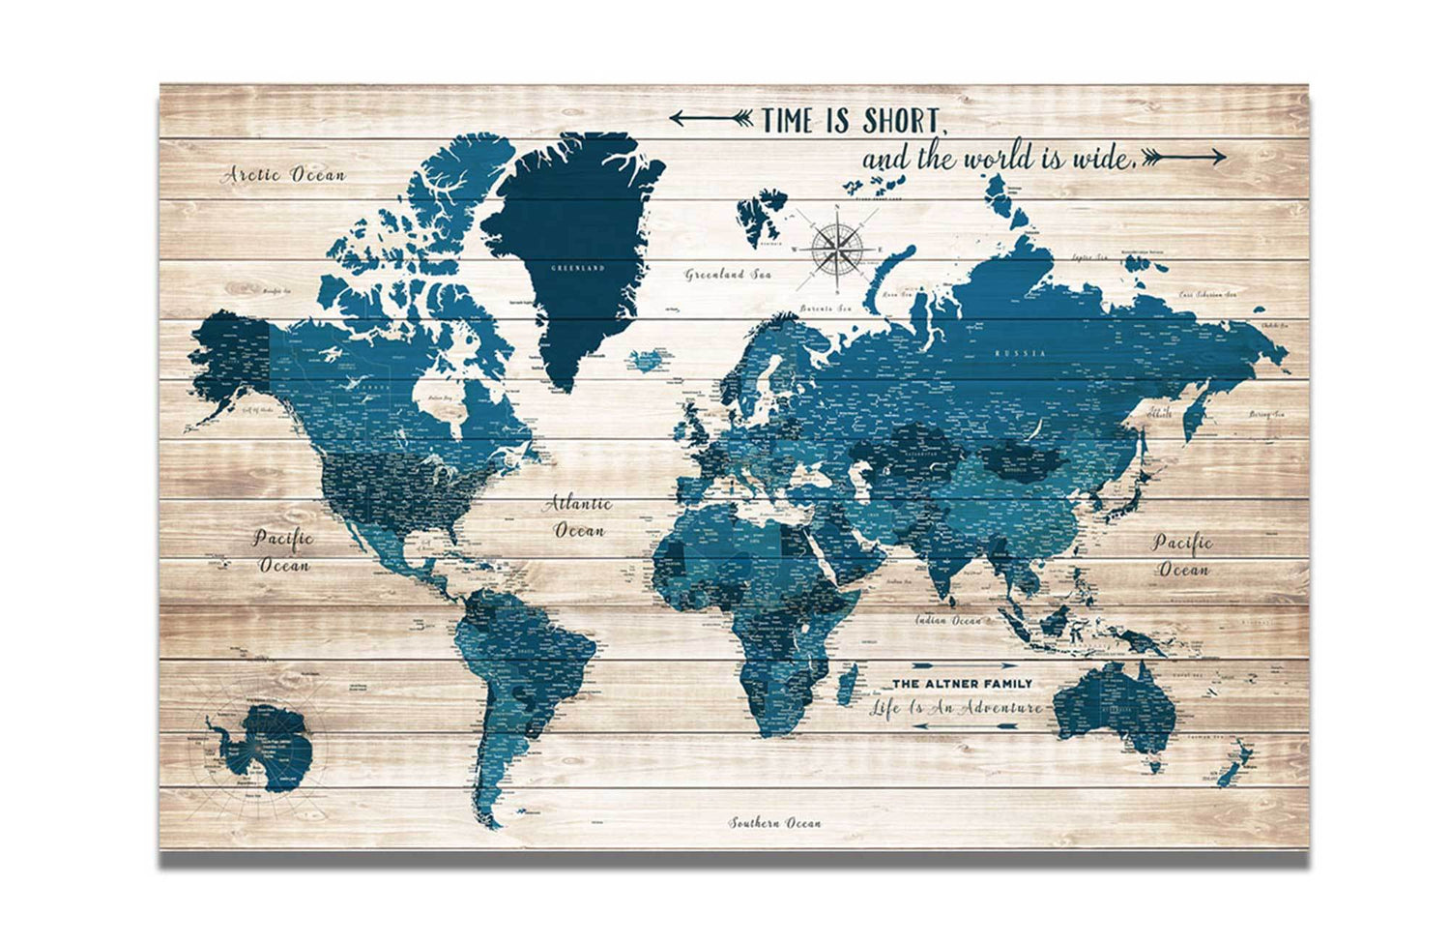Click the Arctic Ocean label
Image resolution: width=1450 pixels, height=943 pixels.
tap(283, 175)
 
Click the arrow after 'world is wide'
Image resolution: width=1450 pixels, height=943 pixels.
tap(1185, 156)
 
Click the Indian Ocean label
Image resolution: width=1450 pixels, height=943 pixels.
tap(949, 620)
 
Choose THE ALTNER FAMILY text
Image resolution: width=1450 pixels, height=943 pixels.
tap(961, 684)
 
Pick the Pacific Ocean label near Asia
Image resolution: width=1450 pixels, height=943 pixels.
tap(1182, 555)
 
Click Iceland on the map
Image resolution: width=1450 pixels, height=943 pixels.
tap(645, 361)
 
